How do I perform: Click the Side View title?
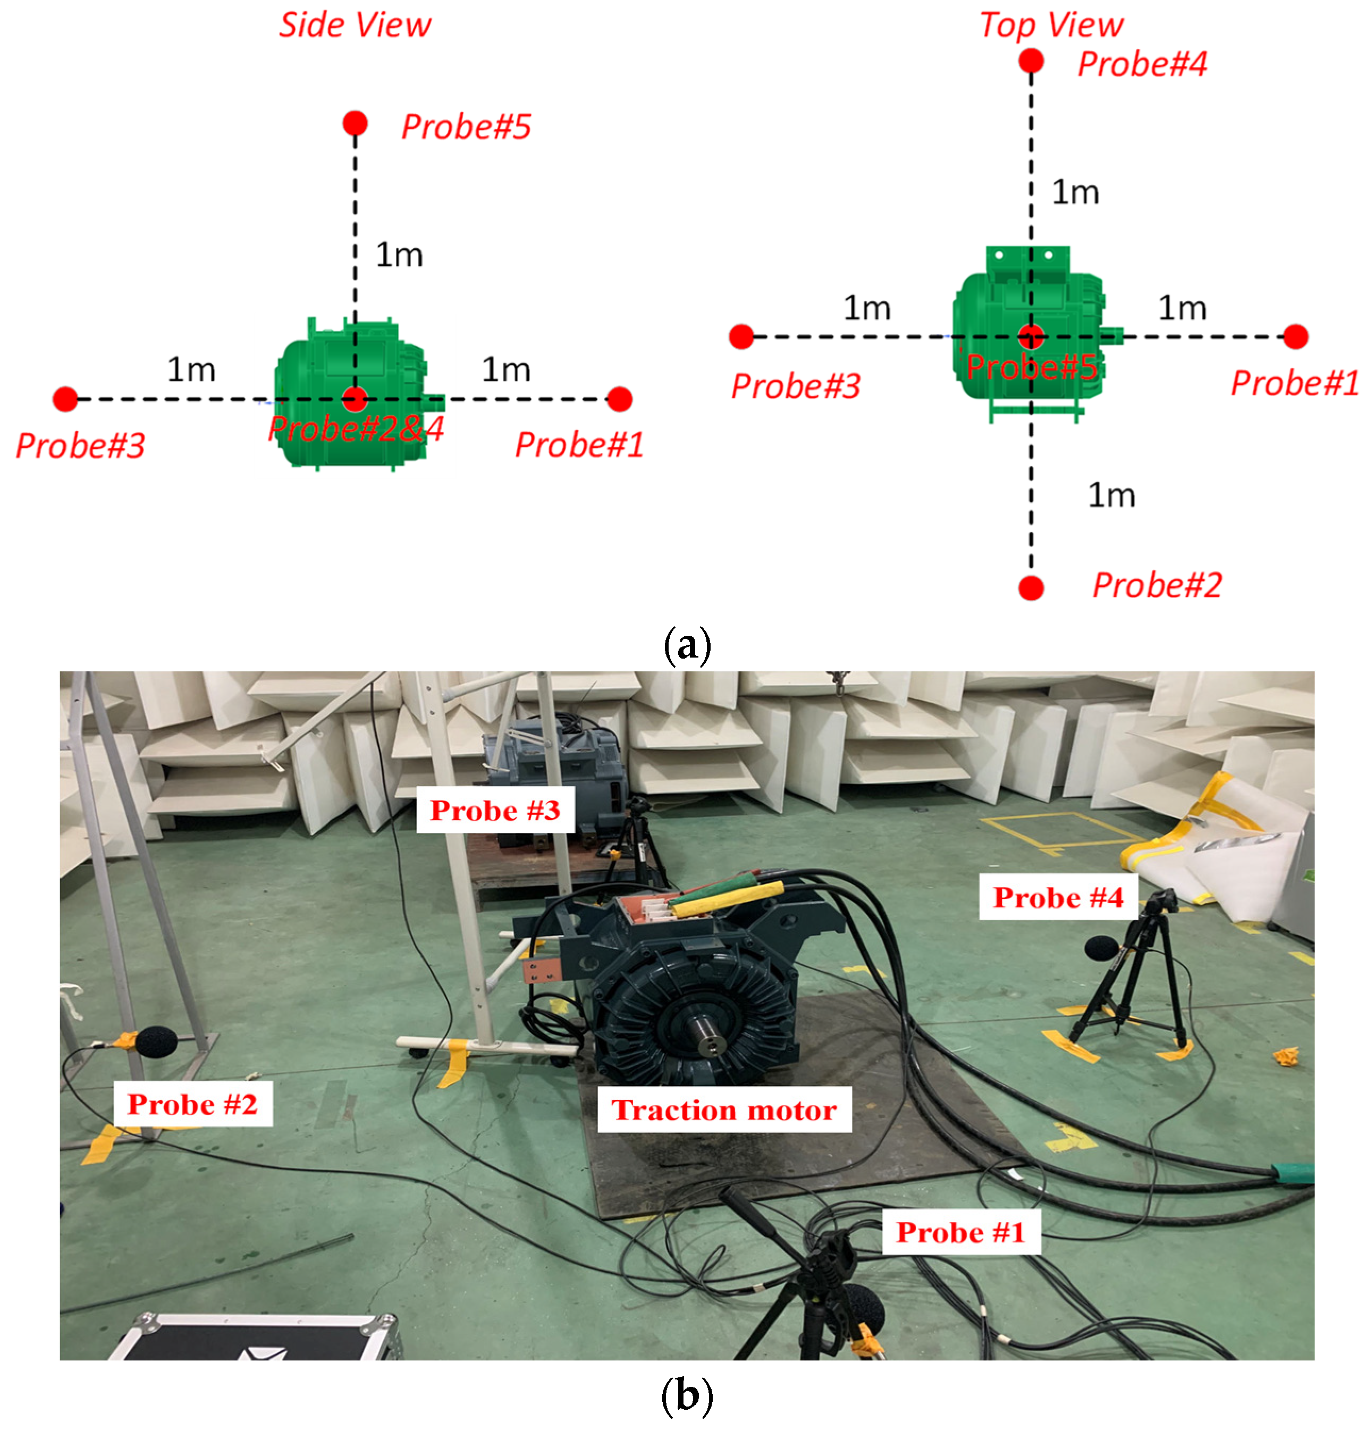355,26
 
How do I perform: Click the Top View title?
1051,26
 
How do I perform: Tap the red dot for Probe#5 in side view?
355,123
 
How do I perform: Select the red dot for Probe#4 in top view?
1031,61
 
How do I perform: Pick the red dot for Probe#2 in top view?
1031,587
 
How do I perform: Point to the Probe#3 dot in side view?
65,399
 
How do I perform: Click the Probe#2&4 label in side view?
356,429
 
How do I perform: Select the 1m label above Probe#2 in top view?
1111,495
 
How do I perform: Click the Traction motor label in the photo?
723,1110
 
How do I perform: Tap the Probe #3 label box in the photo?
495,810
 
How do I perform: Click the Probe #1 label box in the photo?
960,1232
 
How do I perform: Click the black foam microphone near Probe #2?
155,1042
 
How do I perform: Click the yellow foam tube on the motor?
729,898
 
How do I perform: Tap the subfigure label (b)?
686,1396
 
